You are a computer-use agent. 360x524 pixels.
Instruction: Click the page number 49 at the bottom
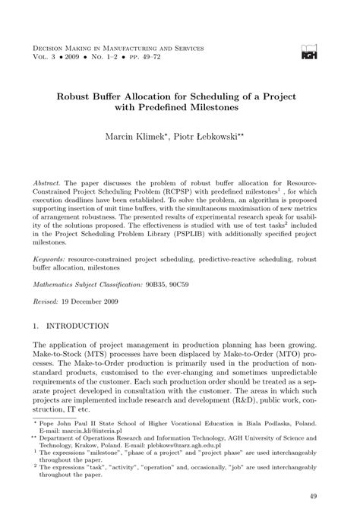click(314, 497)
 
